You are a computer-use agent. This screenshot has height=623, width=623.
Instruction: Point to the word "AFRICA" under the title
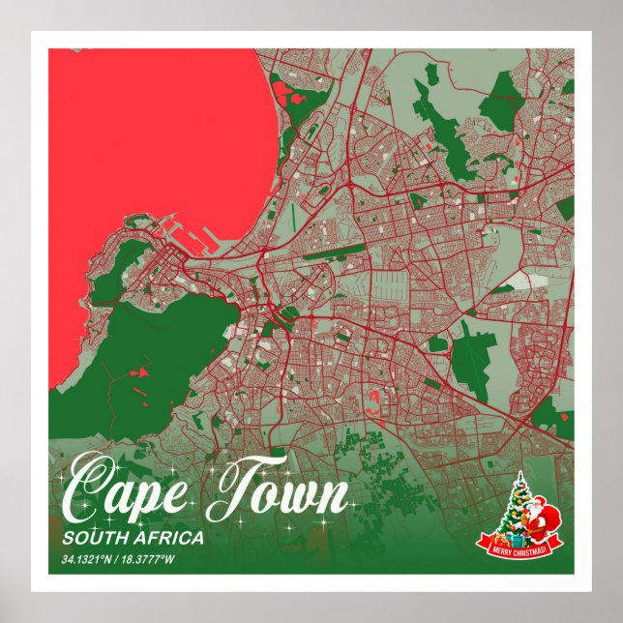click(x=168, y=538)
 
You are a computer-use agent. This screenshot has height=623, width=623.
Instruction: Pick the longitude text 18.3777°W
click(x=154, y=560)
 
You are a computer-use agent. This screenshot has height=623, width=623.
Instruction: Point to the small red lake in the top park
click(x=282, y=93)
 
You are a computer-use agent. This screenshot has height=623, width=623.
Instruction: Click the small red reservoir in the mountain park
click(x=140, y=371)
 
